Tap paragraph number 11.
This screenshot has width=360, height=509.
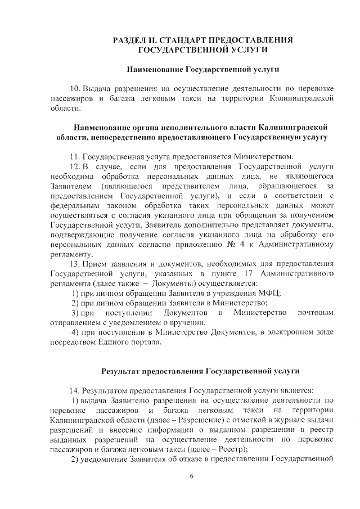74,156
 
